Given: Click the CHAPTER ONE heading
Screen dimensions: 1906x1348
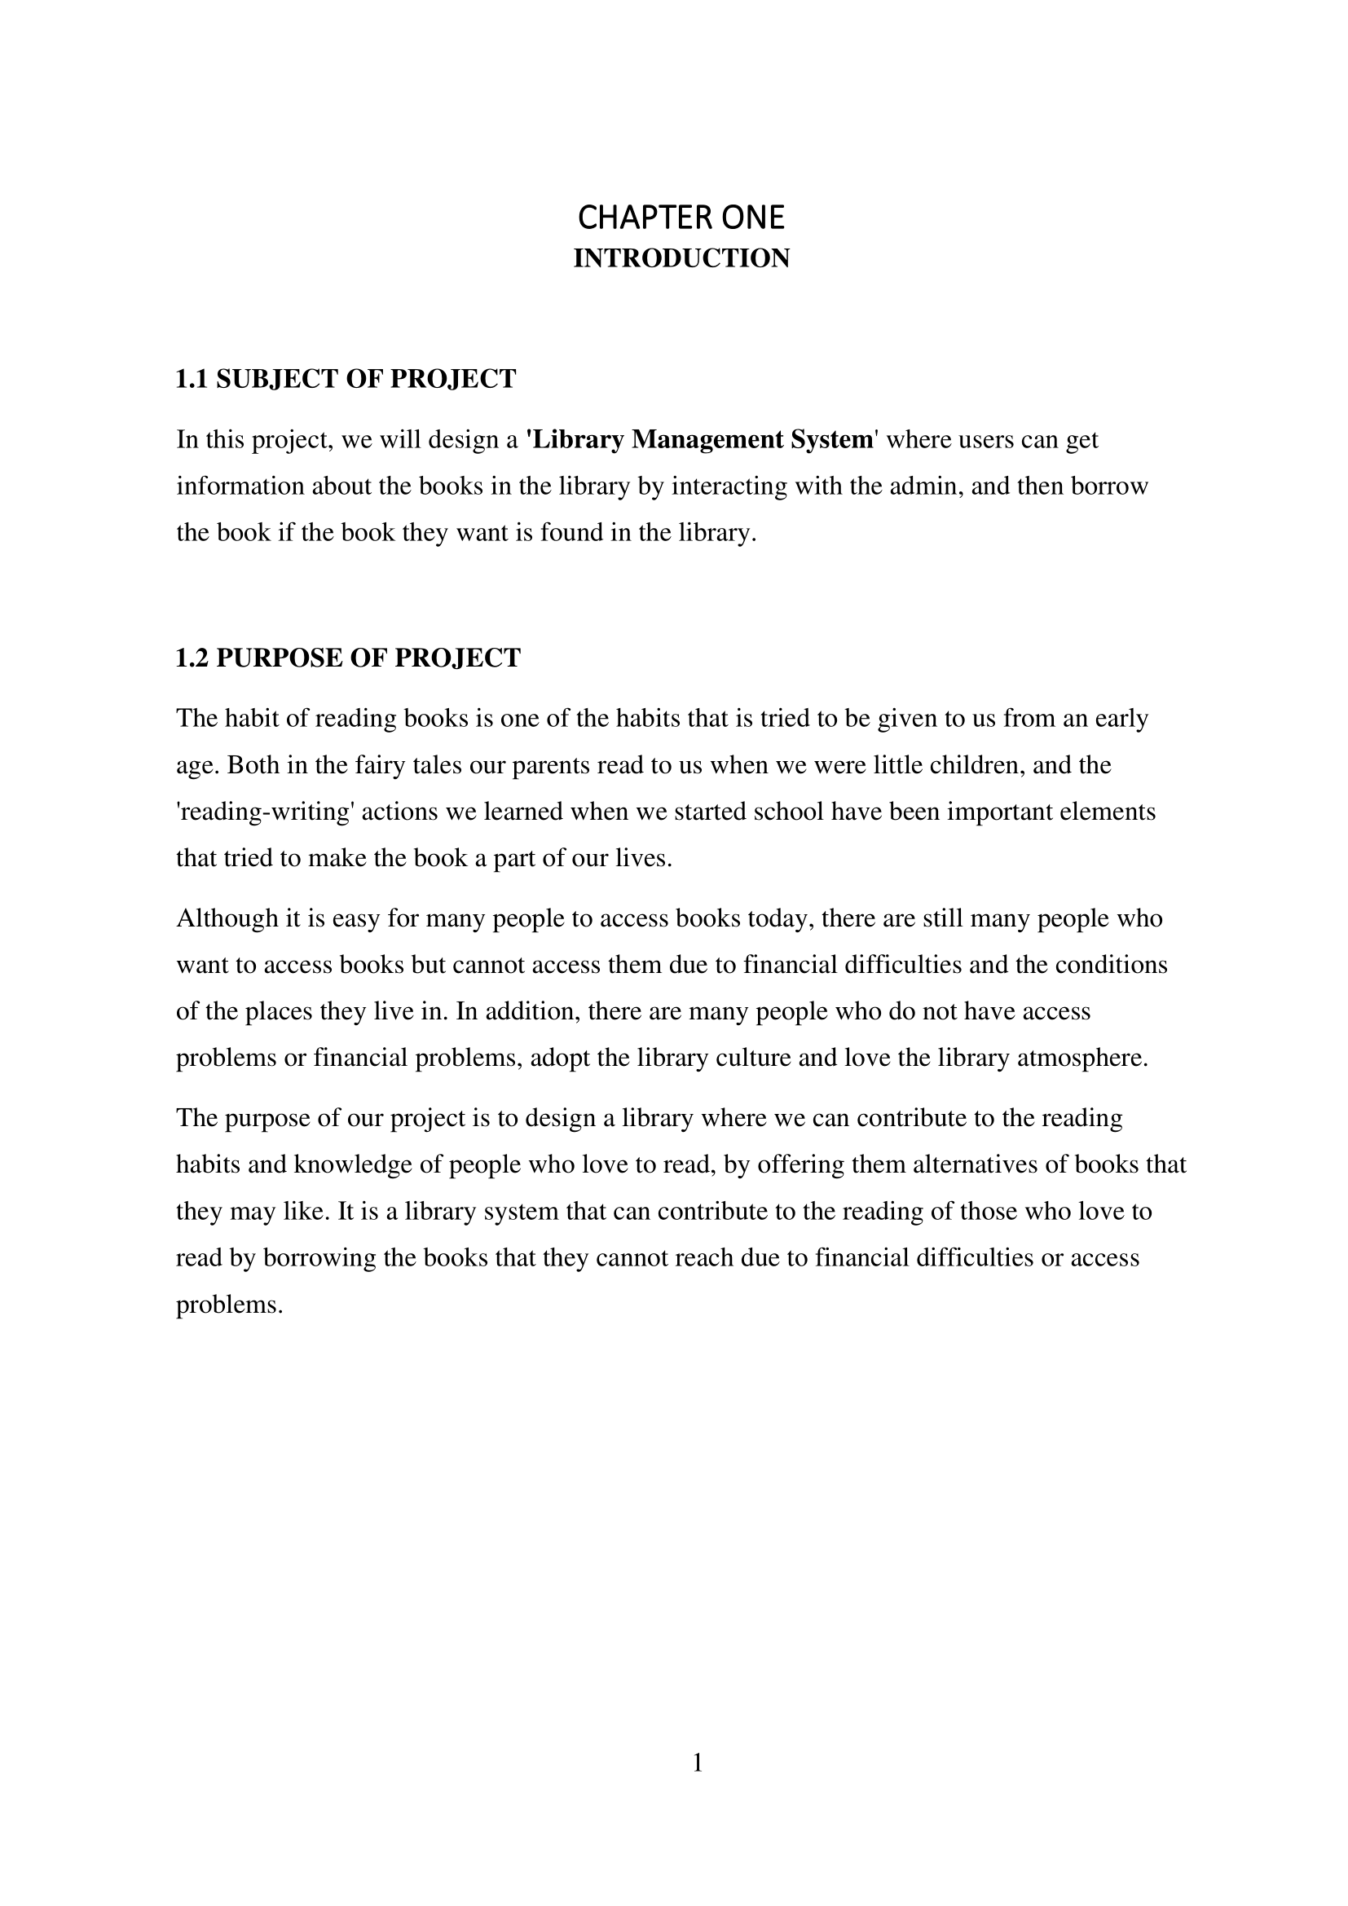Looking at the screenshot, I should point(681,218).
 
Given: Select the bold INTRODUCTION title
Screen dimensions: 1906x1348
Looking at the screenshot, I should point(681,259).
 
